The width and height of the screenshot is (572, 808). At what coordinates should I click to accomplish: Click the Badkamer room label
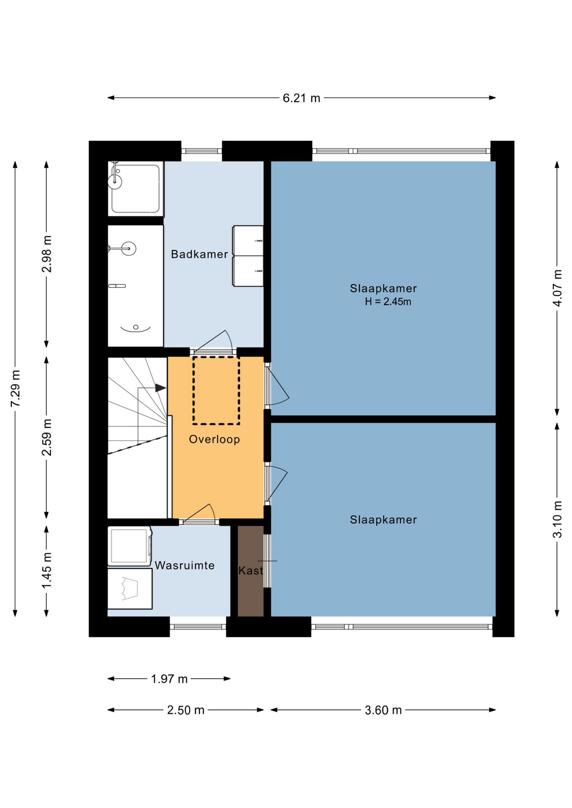pyautogui.click(x=199, y=254)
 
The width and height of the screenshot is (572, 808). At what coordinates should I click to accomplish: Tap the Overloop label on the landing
pyautogui.click(x=214, y=439)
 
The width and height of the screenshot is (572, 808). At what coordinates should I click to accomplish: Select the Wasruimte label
pyautogui.click(x=184, y=565)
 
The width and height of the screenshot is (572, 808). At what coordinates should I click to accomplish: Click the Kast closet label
pyautogui.click(x=251, y=571)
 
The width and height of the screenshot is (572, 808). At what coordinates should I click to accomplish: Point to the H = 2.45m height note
pyautogui.click(x=388, y=301)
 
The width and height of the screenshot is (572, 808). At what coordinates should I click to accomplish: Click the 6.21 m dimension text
pyautogui.click(x=301, y=98)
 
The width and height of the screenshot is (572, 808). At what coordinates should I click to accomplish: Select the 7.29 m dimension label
pyautogui.click(x=16, y=388)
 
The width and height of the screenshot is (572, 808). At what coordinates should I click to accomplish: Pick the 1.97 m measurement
pyautogui.click(x=169, y=679)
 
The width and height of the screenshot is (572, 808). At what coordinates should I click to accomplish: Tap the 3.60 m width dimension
pyautogui.click(x=383, y=710)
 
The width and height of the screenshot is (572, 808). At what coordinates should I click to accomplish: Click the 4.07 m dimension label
pyautogui.click(x=557, y=288)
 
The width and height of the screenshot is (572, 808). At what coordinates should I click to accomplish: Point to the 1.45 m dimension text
pyautogui.click(x=47, y=571)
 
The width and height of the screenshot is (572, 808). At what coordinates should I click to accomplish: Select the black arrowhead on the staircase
pyautogui.click(x=160, y=388)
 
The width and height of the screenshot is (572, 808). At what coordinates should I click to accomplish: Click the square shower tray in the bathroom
pyautogui.click(x=135, y=188)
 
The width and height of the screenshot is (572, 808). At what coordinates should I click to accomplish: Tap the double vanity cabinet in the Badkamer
pyautogui.click(x=248, y=256)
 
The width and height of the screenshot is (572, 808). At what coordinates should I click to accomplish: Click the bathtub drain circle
pyautogui.click(x=136, y=327)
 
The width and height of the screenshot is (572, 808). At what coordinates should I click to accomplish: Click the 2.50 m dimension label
pyautogui.click(x=185, y=710)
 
